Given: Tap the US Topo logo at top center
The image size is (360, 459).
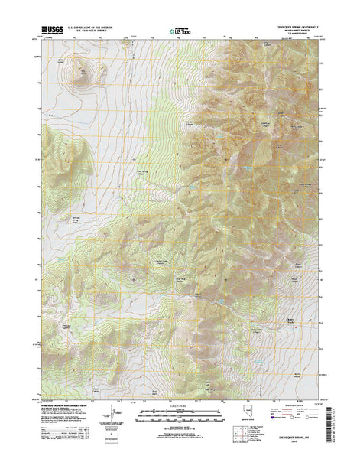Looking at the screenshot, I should point(180,31).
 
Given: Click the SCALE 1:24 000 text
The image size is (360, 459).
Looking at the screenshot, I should point(180,403).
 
